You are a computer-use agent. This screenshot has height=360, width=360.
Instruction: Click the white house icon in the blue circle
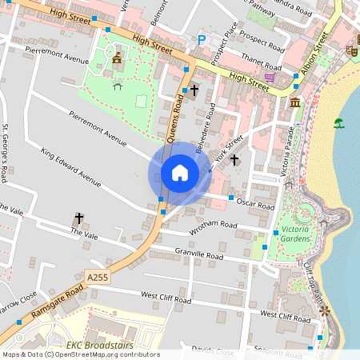pos(180,173)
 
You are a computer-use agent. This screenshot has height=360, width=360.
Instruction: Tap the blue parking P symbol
pos(202,39)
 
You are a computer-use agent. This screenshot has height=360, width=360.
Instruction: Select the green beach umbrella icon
pos(339,123)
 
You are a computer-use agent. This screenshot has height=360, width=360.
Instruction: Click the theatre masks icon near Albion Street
pos(350,50)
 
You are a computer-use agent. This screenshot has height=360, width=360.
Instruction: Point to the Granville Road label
pos(199,254)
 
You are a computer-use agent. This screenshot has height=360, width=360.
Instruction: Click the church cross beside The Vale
pos(79,217)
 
